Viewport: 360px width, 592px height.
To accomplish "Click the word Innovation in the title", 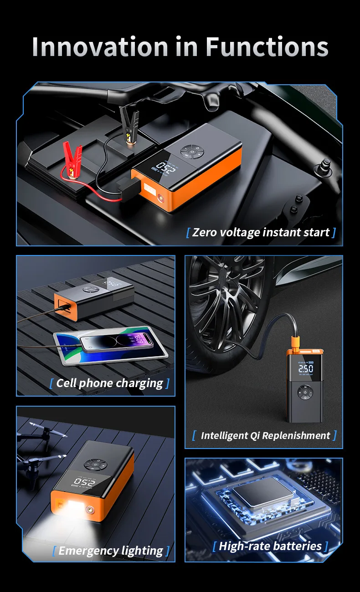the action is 100,47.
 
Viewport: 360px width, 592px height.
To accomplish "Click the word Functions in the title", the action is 267,47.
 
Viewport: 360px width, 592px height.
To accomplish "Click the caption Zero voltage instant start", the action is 261,233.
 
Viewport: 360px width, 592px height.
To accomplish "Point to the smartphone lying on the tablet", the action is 116,342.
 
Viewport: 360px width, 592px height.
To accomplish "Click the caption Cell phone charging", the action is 109,383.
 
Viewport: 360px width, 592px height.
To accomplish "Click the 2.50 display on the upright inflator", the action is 306,368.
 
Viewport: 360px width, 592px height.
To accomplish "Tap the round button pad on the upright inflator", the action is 305,392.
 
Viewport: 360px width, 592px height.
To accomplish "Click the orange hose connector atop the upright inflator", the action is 296,343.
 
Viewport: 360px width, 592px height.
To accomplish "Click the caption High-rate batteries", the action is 270,546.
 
